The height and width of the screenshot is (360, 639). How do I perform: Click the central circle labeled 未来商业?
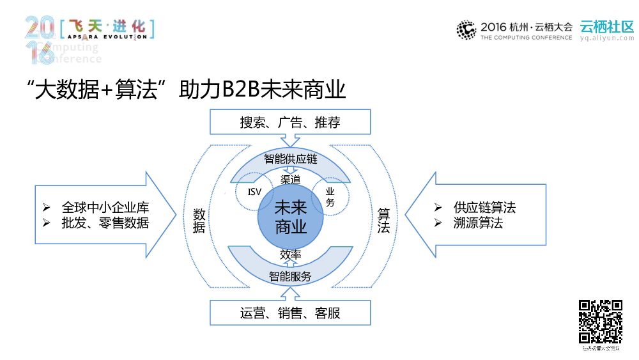(x=290, y=217)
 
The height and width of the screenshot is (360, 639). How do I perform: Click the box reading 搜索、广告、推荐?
(x=290, y=122)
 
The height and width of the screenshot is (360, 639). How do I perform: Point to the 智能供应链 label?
(x=290, y=159)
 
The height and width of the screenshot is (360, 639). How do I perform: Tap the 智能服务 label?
(x=290, y=276)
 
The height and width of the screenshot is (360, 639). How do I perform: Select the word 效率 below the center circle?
(x=290, y=254)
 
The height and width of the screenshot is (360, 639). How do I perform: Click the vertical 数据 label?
(x=199, y=220)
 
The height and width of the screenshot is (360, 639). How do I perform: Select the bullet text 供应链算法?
(x=484, y=208)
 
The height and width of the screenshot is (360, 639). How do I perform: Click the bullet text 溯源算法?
(x=478, y=223)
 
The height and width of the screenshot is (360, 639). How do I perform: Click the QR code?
(x=600, y=322)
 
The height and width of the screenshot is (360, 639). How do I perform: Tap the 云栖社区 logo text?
(x=606, y=26)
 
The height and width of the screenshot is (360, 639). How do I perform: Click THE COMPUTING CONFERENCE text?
(x=526, y=38)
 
